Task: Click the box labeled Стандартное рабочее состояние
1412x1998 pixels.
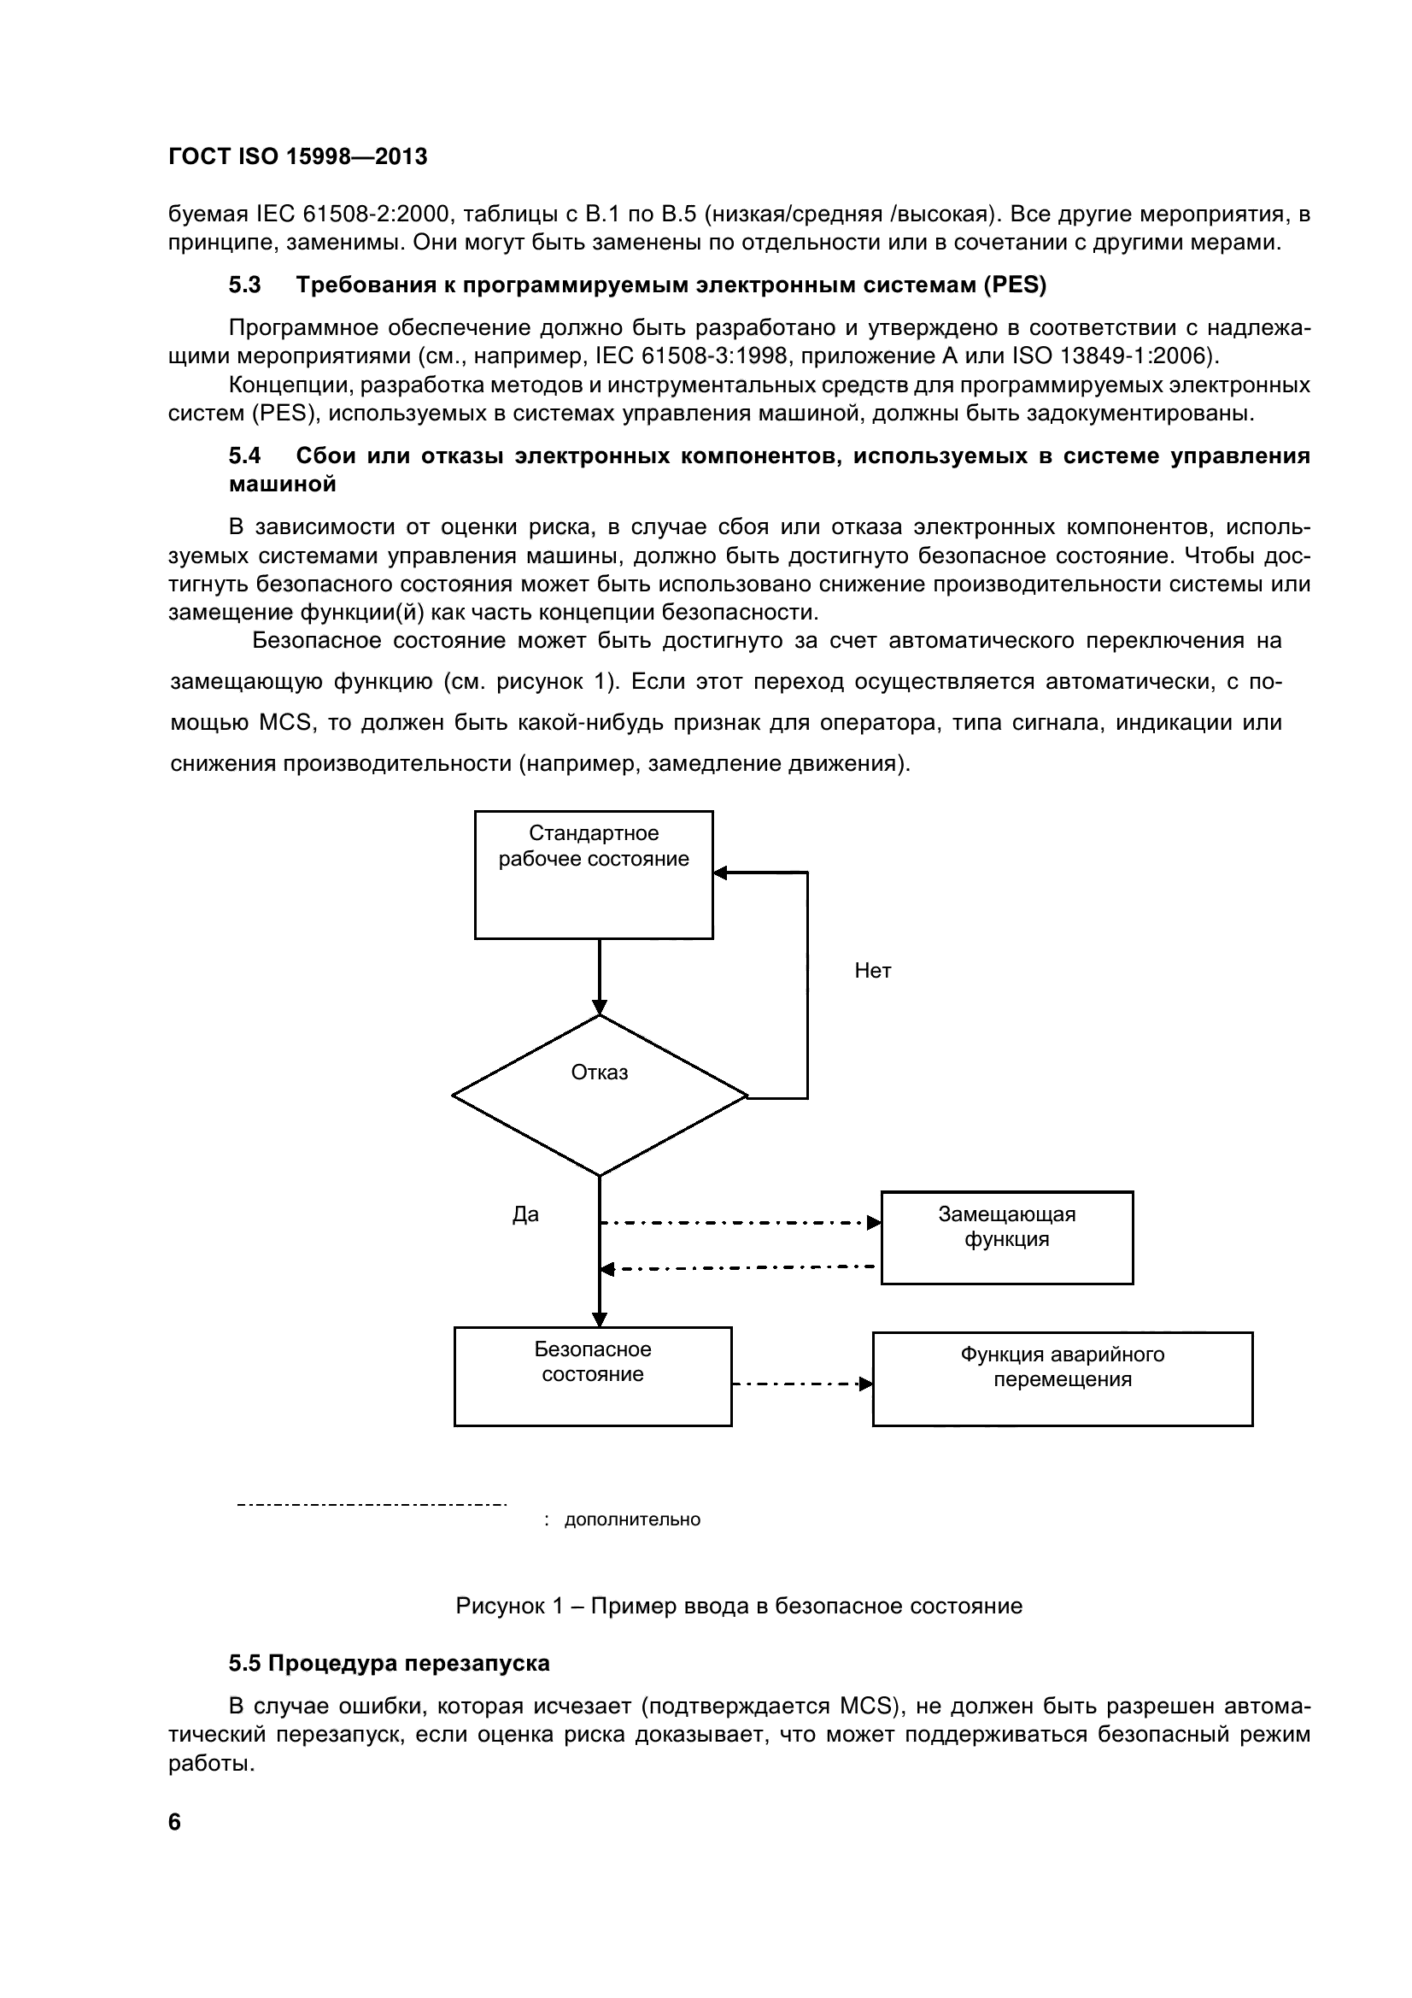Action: click(x=594, y=874)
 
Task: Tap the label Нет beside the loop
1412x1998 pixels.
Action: click(x=873, y=971)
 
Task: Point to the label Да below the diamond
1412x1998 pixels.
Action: click(x=525, y=1215)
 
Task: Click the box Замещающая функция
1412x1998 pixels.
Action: click(x=1006, y=1237)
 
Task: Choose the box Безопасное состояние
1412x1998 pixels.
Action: click(x=593, y=1376)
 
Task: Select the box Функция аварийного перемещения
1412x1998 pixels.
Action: click(x=1063, y=1378)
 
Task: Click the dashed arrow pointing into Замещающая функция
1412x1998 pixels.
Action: click(x=740, y=1223)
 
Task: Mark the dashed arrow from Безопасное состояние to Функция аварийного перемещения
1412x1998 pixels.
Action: click(x=801, y=1384)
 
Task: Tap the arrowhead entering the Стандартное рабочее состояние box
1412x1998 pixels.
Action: click(x=720, y=873)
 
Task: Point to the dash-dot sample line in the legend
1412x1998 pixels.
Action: click(x=372, y=1504)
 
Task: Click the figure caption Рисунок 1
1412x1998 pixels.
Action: click(x=739, y=1606)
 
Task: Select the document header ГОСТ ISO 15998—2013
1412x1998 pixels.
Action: click(x=297, y=156)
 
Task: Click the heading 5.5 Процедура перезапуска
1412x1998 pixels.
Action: click(x=389, y=1663)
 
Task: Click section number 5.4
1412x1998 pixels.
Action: click(x=244, y=456)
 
